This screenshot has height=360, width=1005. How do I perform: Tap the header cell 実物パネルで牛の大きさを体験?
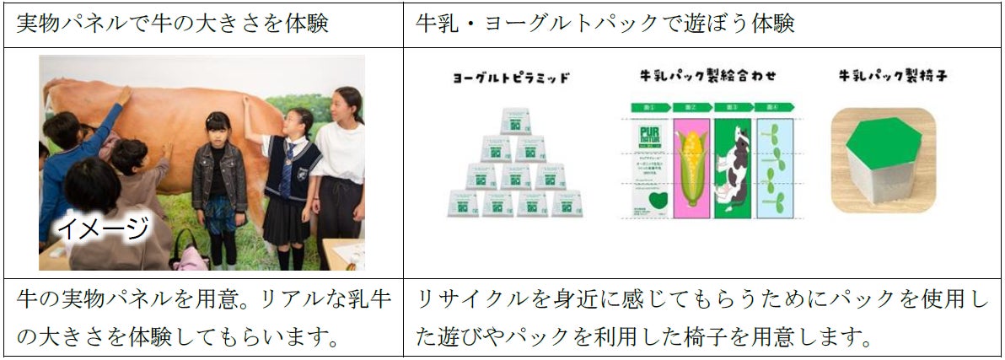[x=173, y=23]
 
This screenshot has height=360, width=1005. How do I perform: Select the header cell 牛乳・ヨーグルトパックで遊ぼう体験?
[x=605, y=23]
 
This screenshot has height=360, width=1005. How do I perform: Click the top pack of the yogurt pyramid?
[x=517, y=121]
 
